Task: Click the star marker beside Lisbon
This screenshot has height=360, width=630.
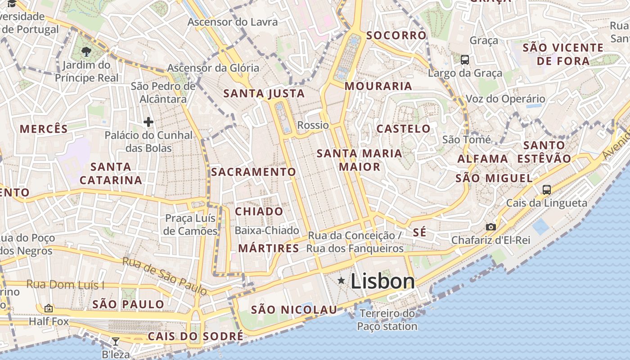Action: coord(342,281)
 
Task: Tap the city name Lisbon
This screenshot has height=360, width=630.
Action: coord(382,282)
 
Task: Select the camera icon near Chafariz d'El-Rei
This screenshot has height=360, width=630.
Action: coord(491,227)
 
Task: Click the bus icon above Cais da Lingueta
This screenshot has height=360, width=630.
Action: coord(547,189)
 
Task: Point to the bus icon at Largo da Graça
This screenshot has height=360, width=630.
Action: coord(465,59)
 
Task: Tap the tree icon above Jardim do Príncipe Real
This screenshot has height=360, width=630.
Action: coord(86,52)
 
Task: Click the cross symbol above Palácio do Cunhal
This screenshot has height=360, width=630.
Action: coord(148,121)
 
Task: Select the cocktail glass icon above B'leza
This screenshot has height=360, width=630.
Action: coord(116,342)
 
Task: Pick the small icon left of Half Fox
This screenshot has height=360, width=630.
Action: coord(49,308)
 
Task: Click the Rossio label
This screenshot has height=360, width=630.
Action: coord(313,125)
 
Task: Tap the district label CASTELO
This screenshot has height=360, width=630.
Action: coord(404,129)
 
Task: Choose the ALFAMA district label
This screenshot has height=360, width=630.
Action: coord(483,159)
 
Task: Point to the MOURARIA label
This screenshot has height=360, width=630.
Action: coord(378,86)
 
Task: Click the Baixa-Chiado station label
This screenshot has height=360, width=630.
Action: coord(267,230)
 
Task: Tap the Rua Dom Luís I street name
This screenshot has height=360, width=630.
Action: coord(65,284)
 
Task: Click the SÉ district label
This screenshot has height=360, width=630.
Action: coord(419,233)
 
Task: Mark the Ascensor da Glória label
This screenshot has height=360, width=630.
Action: coord(213,68)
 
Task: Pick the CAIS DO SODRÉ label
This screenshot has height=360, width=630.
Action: coord(195,336)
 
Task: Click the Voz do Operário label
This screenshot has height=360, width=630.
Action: coord(505,99)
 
